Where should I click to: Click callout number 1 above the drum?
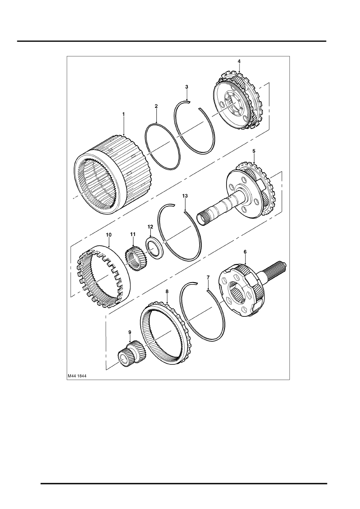click(x=124, y=114)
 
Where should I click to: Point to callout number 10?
click(x=109, y=234)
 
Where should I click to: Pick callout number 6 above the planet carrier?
click(x=245, y=251)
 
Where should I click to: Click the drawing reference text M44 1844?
click(x=78, y=376)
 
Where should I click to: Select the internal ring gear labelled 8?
click(x=167, y=339)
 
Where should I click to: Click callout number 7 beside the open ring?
click(x=208, y=277)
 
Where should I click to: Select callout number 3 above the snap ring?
click(x=187, y=87)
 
